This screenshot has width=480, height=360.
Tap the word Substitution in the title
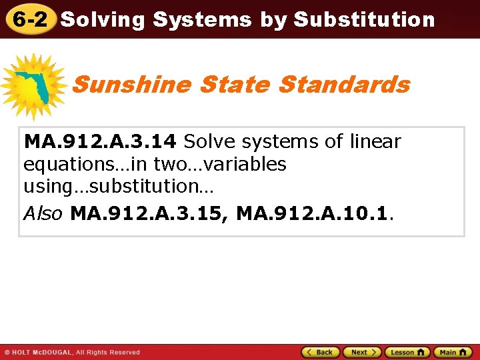coord(364,20)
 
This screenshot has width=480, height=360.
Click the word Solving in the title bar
coord(103,20)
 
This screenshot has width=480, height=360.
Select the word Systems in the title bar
coord(202,20)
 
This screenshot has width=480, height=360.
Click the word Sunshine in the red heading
coord(131,85)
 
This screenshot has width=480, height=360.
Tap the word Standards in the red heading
coord(344,85)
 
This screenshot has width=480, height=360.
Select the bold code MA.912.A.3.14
coord(100,141)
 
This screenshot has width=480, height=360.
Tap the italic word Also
coord(43,213)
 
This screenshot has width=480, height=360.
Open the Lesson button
coord(406,352)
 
